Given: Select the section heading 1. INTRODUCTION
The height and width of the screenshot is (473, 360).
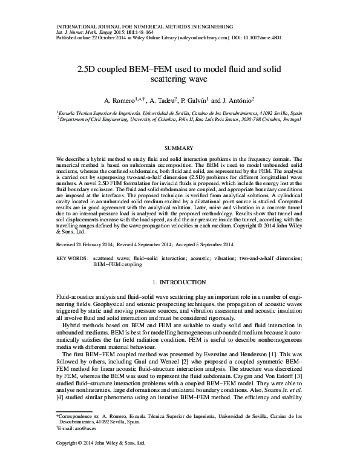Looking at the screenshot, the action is [180, 282].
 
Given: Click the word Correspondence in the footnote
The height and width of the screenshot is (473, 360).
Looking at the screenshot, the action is [79, 417].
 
